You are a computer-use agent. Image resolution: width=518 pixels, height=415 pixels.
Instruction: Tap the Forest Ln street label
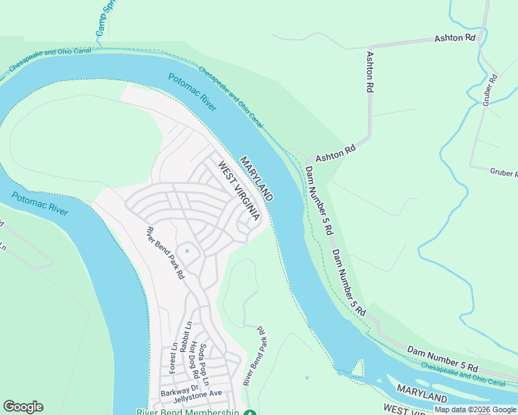click(173, 359)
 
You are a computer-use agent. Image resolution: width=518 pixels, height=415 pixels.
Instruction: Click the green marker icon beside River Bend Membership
click(251, 412)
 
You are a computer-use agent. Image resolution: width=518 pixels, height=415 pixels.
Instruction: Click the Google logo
click(23, 407)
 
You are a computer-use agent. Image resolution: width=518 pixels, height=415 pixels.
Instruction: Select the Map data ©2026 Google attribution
click(475, 409)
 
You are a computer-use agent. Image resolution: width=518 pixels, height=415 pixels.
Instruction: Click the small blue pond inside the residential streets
click(186, 250)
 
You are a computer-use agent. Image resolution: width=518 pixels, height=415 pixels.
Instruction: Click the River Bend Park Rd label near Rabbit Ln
click(166, 253)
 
